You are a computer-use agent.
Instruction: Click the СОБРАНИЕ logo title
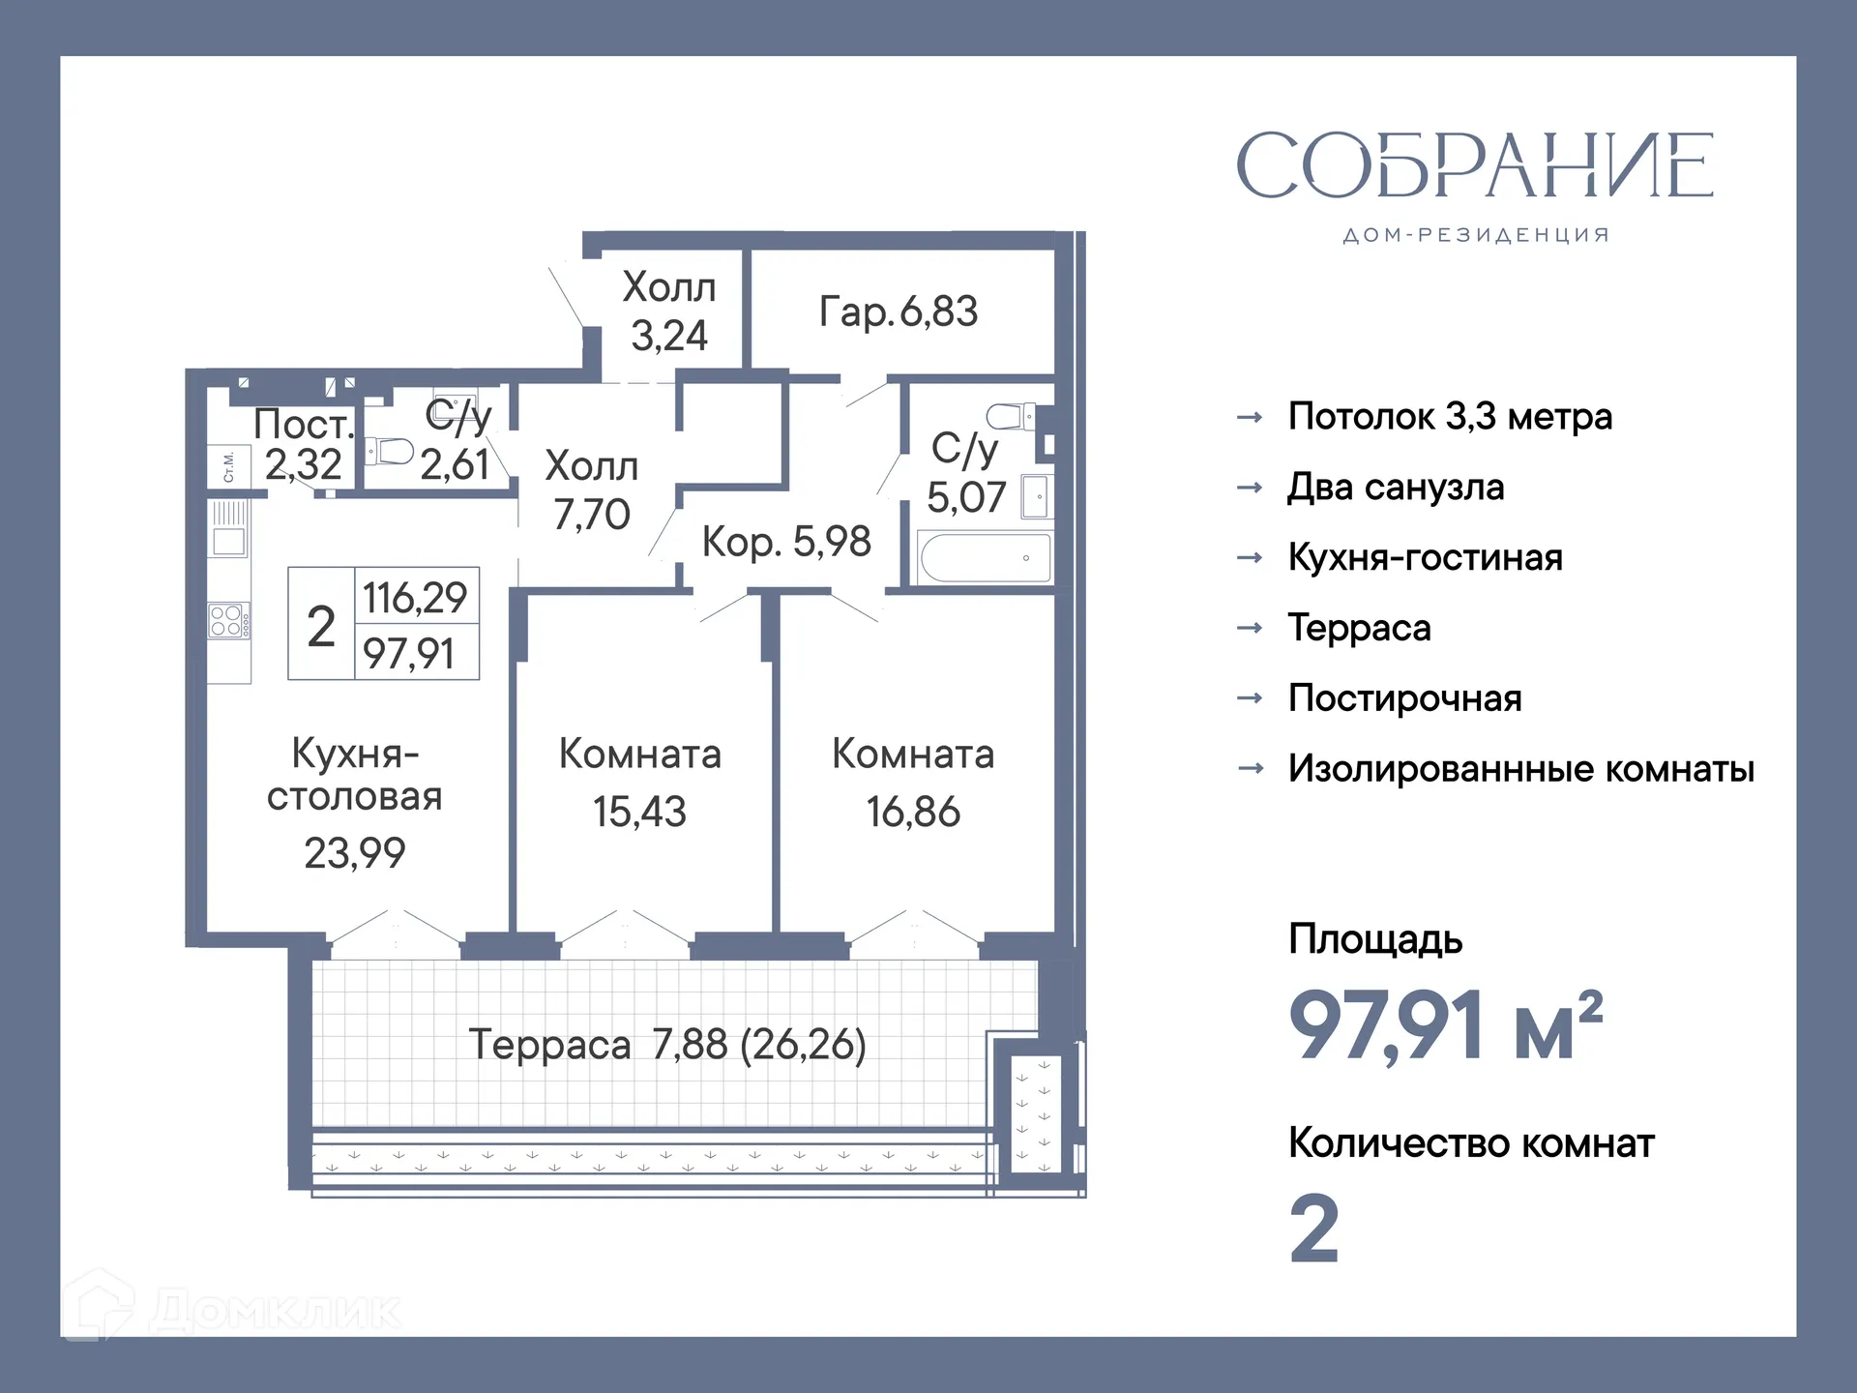click(x=1475, y=165)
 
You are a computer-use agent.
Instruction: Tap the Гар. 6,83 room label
click(x=898, y=311)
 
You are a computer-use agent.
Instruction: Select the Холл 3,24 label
click(x=668, y=311)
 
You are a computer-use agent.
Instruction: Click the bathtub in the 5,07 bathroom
click(x=985, y=558)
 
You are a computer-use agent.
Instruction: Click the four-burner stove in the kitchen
click(x=228, y=621)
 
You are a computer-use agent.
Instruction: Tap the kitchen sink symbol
click(x=229, y=540)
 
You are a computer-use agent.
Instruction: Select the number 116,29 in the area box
click(x=415, y=597)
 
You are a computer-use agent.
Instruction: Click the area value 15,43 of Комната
click(x=639, y=812)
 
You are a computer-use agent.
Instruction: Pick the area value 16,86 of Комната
click(x=913, y=812)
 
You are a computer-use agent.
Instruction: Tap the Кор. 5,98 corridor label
click(x=786, y=542)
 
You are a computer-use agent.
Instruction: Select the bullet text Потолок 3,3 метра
click(x=1450, y=417)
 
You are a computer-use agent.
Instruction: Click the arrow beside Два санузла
click(x=1250, y=488)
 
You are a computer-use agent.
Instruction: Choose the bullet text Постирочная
click(x=1404, y=698)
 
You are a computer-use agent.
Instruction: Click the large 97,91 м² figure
click(x=1445, y=1025)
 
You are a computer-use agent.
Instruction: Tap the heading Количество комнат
click(x=1471, y=1143)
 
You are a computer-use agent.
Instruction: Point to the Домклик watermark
click(x=232, y=1310)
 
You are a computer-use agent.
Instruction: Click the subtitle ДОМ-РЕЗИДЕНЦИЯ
click(x=1475, y=235)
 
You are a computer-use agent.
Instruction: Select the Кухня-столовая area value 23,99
click(x=354, y=853)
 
